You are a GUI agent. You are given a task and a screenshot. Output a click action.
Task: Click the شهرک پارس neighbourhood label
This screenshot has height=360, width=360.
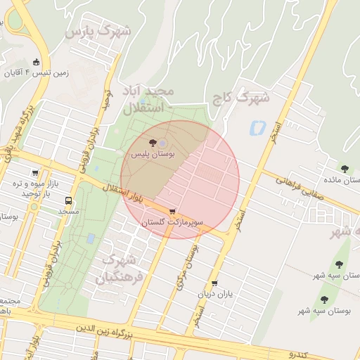click(99, 32)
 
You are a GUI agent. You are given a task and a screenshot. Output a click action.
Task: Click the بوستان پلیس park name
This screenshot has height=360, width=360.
click(154, 153)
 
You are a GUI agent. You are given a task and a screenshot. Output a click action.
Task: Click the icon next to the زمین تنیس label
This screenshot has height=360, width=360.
click(37, 62)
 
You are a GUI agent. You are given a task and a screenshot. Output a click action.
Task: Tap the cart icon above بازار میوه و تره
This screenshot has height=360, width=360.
click(34, 173)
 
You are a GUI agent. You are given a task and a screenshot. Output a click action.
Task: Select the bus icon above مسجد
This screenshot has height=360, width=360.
click(68, 200)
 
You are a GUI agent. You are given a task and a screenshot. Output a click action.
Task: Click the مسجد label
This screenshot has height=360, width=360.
click(68, 211)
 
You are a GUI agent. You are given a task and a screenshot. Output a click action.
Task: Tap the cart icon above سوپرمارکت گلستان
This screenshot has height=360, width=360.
click(173, 212)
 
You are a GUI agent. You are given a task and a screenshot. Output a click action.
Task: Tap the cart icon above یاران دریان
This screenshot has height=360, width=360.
click(214, 283)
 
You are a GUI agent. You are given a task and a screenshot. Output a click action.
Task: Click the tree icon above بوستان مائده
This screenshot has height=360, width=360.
click(345, 169)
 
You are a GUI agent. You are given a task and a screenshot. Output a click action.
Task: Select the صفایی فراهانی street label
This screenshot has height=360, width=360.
click(299, 188)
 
